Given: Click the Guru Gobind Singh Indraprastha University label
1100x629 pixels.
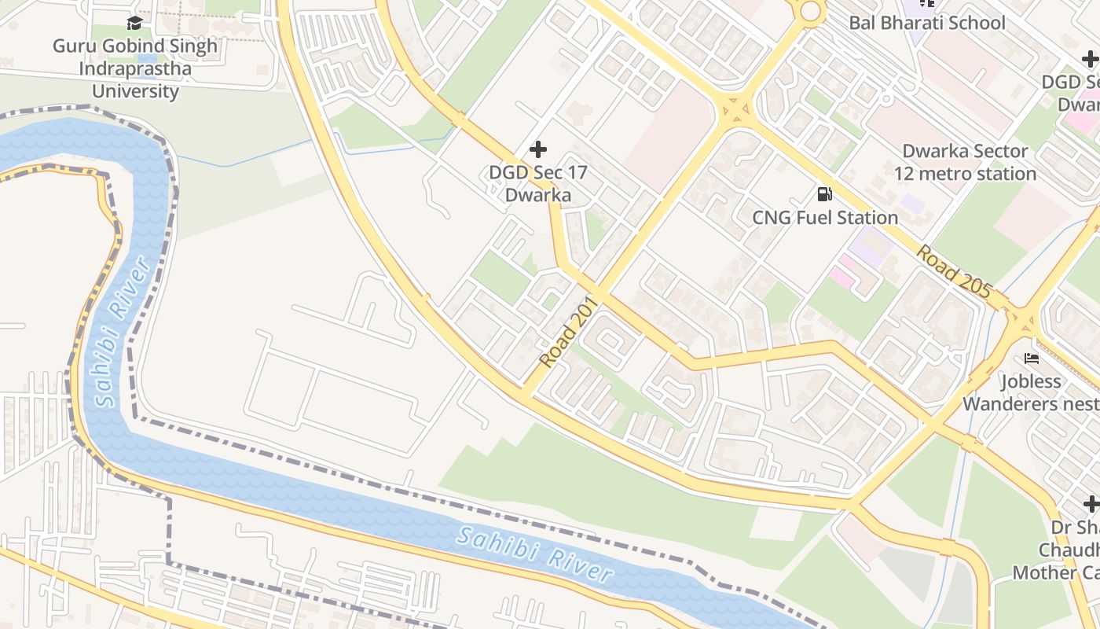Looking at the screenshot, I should coord(135,68).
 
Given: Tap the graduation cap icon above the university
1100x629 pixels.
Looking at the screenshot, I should coord(134,23).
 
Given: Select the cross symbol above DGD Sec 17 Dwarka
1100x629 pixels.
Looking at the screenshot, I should coord(538,149).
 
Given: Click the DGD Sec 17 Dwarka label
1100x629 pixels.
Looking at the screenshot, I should coord(538,183).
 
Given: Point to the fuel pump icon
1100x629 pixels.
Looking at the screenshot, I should coord(824,193).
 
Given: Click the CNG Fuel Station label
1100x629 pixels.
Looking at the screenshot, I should coord(825,218).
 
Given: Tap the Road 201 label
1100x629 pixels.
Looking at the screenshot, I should coord(570,332).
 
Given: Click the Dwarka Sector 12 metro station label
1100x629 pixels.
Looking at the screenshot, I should coord(965,162).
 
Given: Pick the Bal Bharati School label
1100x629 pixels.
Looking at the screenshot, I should coord(926,23).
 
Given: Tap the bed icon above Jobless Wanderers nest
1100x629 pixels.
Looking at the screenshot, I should coord(1032,359).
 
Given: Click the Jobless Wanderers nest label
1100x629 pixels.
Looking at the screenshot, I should coord(1030,392).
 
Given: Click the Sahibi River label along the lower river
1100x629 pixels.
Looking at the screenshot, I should coord(535,554).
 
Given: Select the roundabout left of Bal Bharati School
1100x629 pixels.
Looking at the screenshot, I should coord(809,11).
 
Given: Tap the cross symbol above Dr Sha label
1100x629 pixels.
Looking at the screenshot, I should coord(1091,503).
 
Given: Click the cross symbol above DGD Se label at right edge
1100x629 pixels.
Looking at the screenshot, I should coord(1090,58).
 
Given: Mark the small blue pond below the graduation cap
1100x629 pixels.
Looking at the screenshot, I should coord(146,57).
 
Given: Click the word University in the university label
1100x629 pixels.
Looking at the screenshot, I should coord(135,91).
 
